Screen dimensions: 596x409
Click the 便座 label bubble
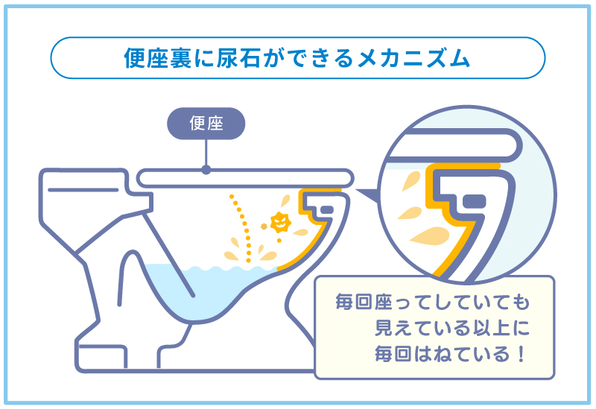(x=206, y=124)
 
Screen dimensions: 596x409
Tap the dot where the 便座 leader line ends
(x=206, y=170)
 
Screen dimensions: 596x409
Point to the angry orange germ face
(x=281, y=222)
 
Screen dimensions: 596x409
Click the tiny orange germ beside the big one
(x=264, y=226)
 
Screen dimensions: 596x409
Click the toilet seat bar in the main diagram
(x=245, y=178)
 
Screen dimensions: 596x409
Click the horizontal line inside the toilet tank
(x=83, y=190)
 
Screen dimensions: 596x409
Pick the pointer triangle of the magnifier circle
(x=367, y=195)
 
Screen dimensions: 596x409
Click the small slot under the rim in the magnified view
(x=475, y=200)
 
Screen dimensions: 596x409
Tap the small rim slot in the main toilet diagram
(x=327, y=210)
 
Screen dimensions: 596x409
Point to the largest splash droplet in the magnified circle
(x=431, y=236)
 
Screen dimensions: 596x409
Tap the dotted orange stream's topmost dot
(x=231, y=197)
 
